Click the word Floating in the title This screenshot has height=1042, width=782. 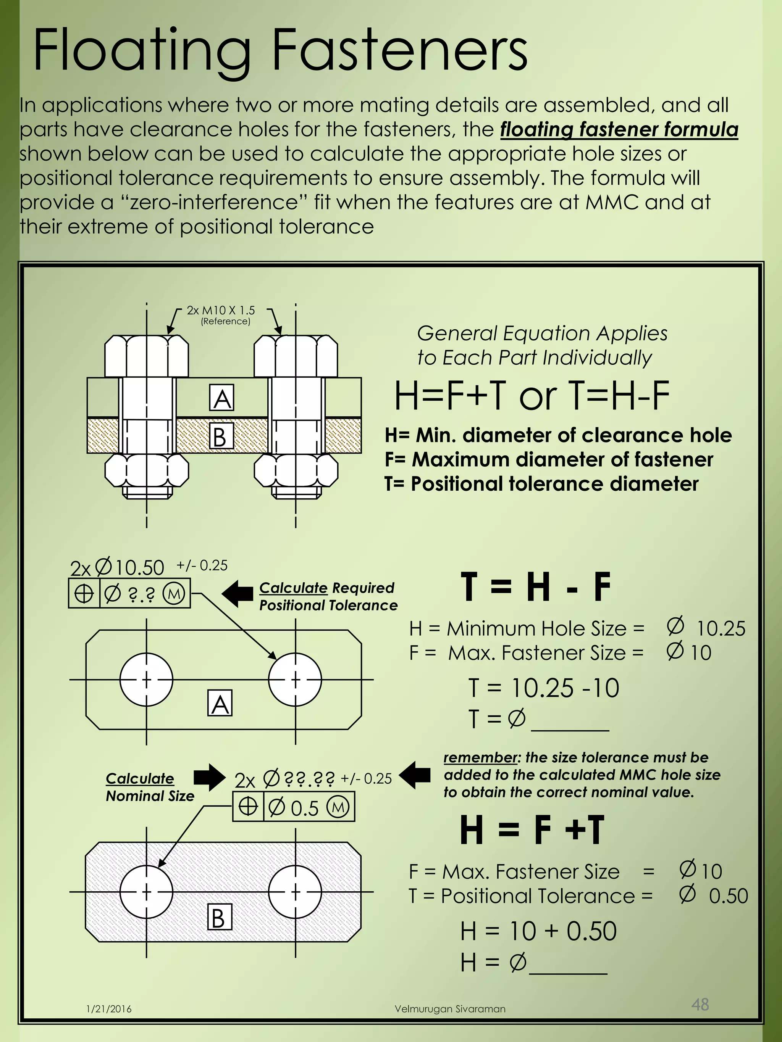tap(141, 51)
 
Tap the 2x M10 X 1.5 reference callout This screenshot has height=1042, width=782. tap(221, 311)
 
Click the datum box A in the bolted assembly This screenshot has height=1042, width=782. tap(221, 398)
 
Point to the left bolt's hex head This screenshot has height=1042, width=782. tap(146, 356)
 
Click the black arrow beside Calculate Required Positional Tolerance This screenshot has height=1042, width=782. tap(238, 594)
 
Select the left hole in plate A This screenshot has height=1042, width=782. tap(146, 679)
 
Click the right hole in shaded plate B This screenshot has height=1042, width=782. tap(296, 891)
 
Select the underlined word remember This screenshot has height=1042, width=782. tap(480, 757)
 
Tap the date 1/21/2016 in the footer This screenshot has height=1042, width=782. tap(109, 1009)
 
